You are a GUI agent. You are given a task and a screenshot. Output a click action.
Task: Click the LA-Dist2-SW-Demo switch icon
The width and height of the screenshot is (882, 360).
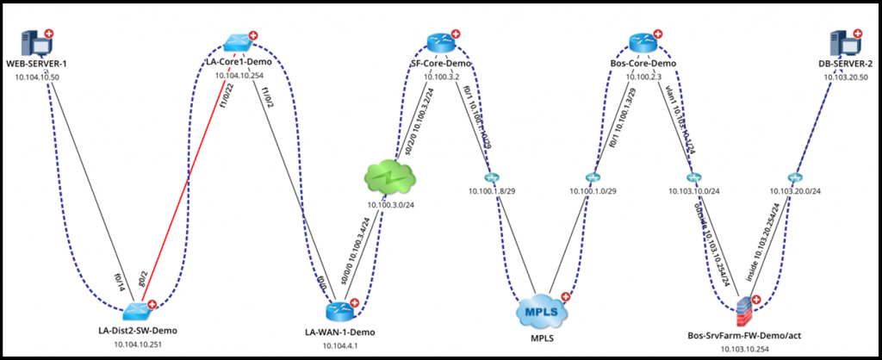137,311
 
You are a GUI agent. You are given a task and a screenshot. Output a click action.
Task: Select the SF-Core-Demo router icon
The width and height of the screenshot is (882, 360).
439,42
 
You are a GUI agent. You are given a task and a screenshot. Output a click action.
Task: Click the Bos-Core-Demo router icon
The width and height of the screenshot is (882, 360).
642,42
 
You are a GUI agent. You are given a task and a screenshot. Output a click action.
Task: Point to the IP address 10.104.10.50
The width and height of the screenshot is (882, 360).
37,77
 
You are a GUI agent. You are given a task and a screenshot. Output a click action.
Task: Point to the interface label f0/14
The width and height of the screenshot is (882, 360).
120,281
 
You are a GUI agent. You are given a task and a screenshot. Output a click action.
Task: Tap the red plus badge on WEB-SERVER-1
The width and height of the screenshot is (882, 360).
49,34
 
